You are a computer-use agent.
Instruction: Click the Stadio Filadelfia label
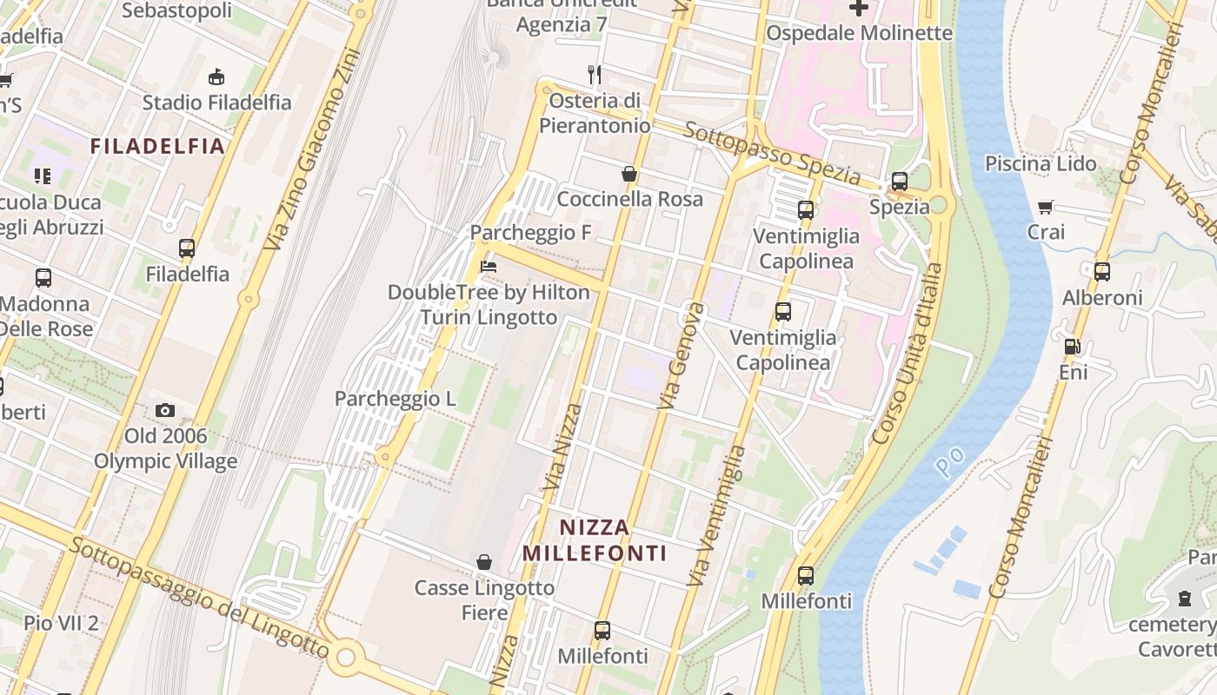point(217,103)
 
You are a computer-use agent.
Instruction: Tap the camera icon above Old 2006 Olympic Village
point(165,410)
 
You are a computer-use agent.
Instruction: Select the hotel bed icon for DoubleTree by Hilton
point(489,267)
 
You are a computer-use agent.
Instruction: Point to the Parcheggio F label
point(530,233)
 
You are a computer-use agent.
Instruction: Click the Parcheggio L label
point(396,399)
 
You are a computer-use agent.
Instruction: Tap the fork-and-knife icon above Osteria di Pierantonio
point(595,75)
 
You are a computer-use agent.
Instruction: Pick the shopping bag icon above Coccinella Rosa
point(629,175)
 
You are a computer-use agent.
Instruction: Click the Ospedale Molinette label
point(859,33)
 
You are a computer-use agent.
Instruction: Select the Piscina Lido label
point(1041,163)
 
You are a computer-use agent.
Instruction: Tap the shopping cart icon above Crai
point(1046,208)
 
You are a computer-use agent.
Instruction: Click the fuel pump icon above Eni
point(1073,347)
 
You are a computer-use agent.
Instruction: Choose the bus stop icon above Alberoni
point(1102,272)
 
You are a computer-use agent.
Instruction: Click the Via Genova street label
point(682,356)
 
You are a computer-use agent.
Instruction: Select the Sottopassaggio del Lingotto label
point(200,598)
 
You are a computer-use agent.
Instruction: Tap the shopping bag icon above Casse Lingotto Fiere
point(484,563)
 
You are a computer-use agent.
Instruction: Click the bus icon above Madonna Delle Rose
point(43,278)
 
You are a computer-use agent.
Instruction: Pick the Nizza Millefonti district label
point(595,539)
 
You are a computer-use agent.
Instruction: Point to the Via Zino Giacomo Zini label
point(311,149)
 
